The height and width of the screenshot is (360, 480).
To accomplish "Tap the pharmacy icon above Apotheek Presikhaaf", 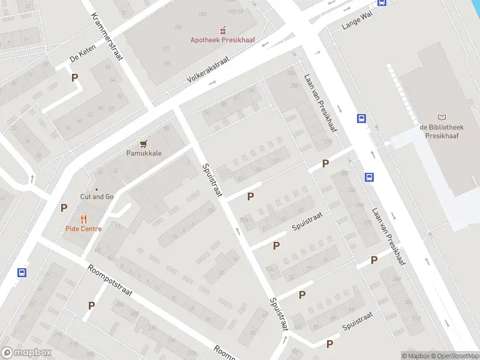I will (x=223, y=29).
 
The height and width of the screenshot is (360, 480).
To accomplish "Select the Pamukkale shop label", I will (x=143, y=153).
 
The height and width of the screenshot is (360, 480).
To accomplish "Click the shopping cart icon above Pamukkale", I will (x=143, y=143).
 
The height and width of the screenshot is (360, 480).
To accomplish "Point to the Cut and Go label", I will (x=97, y=196).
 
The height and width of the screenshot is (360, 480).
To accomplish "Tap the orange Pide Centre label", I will (x=83, y=229).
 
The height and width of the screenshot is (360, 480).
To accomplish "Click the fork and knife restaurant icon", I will (x=83, y=219).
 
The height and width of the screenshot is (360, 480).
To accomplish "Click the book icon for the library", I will (x=442, y=118).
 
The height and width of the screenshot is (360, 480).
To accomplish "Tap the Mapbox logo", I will (x=26, y=353).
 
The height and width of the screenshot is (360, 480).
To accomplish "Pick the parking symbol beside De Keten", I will (x=75, y=77).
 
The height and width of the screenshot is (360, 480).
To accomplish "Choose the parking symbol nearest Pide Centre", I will (x=64, y=208).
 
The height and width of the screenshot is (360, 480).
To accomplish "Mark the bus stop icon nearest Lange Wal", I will (x=382, y=2).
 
